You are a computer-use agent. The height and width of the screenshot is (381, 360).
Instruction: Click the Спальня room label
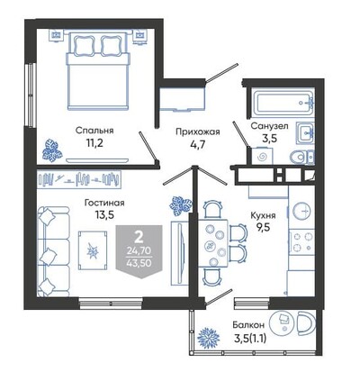pos(94,131)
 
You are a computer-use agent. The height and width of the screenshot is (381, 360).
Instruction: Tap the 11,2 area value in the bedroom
pos(94,143)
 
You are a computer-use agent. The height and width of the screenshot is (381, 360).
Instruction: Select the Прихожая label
pos(198,132)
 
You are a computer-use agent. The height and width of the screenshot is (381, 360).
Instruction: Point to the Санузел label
pos(269,126)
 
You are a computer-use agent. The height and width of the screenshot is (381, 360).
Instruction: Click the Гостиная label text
pos(104,203)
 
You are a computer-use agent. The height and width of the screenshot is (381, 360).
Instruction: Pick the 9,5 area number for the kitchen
pos(263,227)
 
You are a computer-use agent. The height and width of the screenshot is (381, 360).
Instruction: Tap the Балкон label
pos(248,325)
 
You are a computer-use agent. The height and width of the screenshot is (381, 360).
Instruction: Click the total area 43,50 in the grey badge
pos(139,263)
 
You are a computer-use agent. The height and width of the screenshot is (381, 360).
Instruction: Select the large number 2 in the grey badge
pos(139,238)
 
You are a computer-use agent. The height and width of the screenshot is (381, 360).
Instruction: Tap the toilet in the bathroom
pos(301,157)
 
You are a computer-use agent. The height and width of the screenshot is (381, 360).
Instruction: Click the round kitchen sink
pos(301,211)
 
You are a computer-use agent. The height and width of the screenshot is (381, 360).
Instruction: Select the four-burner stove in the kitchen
pos(301,242)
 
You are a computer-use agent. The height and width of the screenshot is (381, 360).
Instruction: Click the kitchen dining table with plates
pos(213,243)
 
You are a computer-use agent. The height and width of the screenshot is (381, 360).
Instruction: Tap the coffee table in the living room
pos(93,250)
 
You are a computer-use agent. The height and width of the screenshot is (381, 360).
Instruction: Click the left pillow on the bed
pos(85,46)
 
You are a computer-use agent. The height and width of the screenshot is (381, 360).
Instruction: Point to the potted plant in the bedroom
pos(52,150)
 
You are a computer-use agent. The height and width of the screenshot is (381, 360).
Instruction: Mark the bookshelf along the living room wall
pos(79,179)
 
